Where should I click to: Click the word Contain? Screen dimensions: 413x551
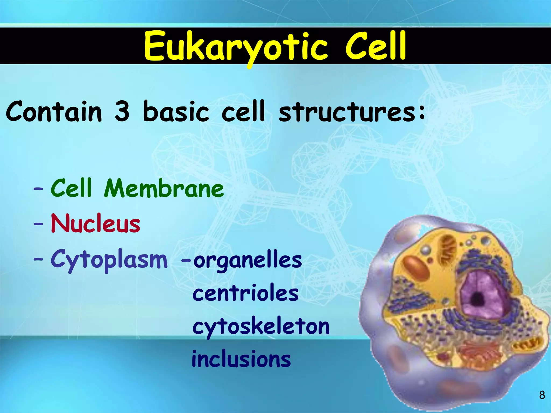click(x=54, y=111)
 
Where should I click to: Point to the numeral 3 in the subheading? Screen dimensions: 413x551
click(x=122, y=111)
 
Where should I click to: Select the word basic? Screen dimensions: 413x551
click(x=176, y=111)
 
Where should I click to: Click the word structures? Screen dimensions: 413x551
click(x=347, y=111)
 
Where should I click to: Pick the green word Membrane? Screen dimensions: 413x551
click(x=164, y=188)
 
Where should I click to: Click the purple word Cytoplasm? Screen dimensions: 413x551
click(x=109, y=260)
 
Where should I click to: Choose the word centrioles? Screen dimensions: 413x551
click(x=245, y=293)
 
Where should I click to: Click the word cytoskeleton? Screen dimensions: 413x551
click(x=261, y=326)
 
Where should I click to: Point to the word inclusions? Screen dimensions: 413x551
click(x=241, y=359)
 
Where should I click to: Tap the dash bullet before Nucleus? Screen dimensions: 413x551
click(x=38, y=224)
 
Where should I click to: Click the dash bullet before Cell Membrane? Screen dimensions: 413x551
click(x=38, y=189)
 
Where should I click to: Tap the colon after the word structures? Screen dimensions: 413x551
click(x=421, y=112)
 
